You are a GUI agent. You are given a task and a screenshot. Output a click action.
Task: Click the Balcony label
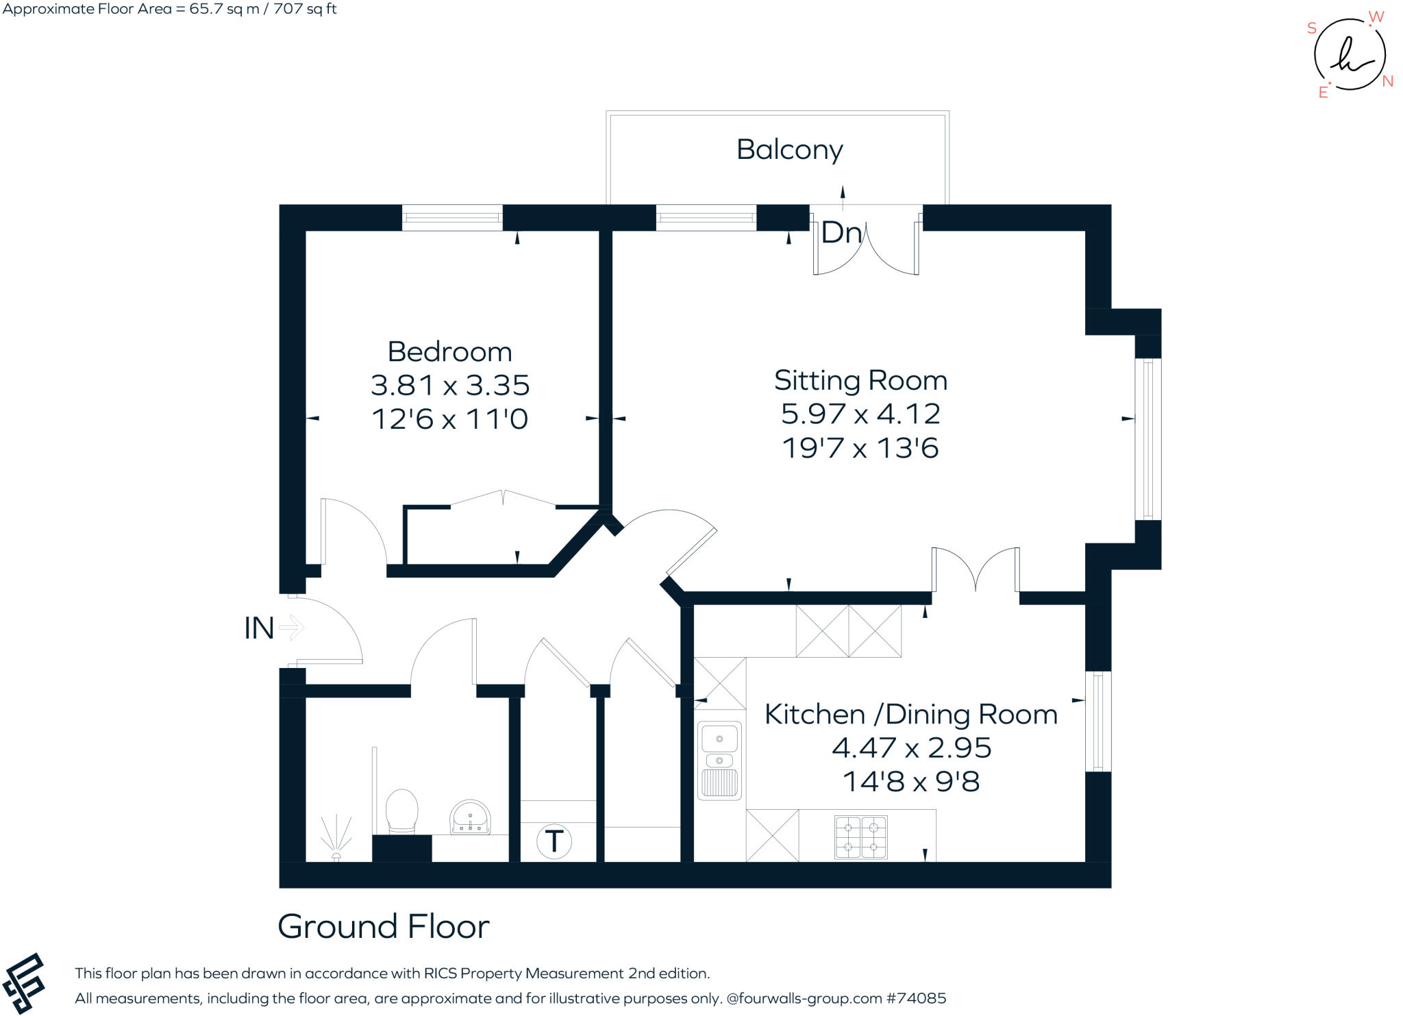789,149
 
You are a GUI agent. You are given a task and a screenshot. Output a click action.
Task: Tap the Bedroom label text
449,351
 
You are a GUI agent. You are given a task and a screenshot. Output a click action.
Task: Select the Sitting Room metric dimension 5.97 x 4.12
860,414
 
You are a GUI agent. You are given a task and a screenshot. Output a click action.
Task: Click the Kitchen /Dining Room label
910,715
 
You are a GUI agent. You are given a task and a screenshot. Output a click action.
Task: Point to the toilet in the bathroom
402,812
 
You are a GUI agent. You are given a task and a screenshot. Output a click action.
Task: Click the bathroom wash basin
470,817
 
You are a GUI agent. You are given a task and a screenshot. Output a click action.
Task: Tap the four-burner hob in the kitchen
861,837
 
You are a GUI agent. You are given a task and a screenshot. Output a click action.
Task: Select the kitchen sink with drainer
719,760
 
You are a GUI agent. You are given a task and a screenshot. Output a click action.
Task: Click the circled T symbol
554,841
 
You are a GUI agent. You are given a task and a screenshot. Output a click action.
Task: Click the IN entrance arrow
292,628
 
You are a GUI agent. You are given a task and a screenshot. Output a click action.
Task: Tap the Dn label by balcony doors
841,233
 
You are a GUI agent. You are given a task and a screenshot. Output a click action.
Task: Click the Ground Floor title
383,927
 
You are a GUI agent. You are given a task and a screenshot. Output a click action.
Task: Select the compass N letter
1387,81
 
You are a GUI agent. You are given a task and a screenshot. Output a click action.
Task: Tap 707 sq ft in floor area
305,9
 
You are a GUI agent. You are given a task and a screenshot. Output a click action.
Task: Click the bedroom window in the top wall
451,218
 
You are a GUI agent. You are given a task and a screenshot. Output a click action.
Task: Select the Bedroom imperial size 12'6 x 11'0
449,419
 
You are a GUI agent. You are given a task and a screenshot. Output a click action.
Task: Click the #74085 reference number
916,998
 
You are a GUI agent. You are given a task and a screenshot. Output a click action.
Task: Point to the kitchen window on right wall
1098,721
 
